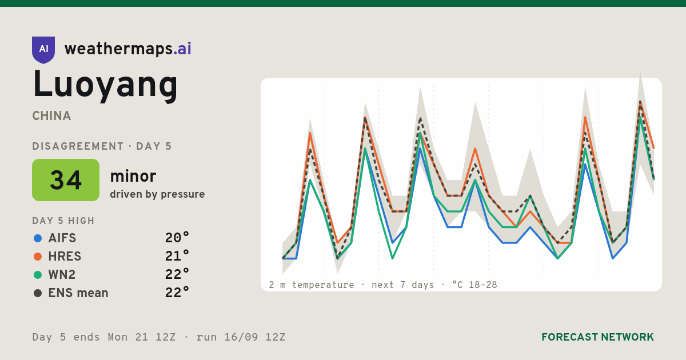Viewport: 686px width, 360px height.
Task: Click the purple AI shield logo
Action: (43, 50)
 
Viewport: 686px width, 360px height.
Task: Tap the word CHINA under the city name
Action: (51, 116)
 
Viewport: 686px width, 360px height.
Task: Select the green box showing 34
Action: (66, 180)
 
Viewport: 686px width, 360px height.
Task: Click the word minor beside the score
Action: (133, 176)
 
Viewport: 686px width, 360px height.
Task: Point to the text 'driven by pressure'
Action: (157, 194)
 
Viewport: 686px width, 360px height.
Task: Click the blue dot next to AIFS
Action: (38, 238)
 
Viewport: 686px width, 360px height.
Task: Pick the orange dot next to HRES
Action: (38, 257)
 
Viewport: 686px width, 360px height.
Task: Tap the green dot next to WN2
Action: (38, 275)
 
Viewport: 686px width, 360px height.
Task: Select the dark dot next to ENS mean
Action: (38, 293)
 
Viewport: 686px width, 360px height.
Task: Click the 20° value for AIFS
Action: (177, 238)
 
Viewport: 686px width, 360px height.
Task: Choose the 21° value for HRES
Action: (177, 256)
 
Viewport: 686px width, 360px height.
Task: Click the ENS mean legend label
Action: (78, 293)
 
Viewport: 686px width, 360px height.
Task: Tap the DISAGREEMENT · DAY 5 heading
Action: (102, 146)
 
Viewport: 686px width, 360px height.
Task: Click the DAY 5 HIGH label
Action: (63, 221)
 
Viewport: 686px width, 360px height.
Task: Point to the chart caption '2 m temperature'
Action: (311, 285)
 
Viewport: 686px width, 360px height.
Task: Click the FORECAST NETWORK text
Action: (597, 337)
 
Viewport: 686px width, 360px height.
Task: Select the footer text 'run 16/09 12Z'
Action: (241, 337)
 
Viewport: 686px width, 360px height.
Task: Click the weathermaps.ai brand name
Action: (128, 49)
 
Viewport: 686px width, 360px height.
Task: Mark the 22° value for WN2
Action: (177, 275)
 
